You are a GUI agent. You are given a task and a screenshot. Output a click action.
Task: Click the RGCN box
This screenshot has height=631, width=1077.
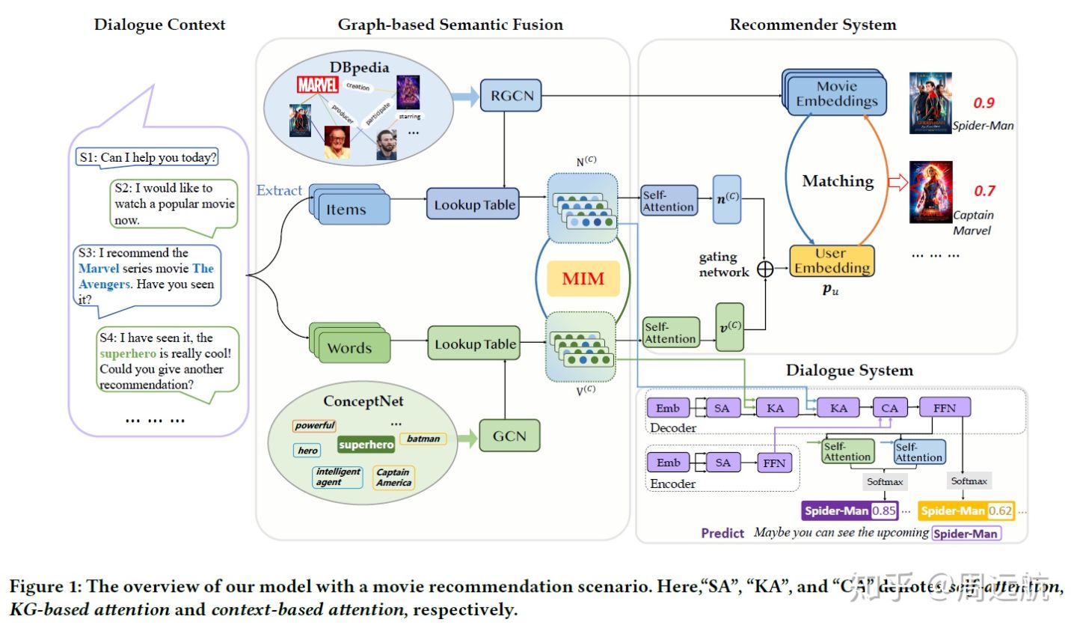pyautogui.click(x=511, y=96)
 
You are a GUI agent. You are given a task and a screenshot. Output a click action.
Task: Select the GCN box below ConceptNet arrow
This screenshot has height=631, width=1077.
pyautogui.click(x=509, y=436)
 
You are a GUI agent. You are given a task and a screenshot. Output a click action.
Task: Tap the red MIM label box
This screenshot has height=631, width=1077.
pyautogui.click(x=583, y=279)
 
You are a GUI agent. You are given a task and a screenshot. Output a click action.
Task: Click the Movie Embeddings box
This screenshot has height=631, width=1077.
pyautogui.click(x=836, y=94)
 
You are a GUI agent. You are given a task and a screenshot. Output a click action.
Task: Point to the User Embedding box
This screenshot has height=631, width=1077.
pyautogui.click(x=832, y=260)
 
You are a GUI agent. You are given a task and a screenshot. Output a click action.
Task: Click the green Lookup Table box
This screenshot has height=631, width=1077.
pyautogui.click(x=475, y=344)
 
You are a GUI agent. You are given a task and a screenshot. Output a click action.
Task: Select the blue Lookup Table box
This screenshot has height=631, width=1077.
pyautogui.click(x=474, y=204)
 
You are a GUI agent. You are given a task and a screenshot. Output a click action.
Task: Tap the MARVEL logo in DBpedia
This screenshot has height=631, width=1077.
pyautogui.click(x=317, y=85)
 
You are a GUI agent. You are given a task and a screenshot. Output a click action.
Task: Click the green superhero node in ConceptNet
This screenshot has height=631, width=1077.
pyautogui.click(x=366, y=445)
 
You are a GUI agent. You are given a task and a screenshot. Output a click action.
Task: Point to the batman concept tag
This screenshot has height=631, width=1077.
pyautogui.click(x=423, y=439)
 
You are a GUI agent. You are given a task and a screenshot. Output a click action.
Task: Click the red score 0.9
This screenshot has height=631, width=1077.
pyautogui.click(x=984, y=103)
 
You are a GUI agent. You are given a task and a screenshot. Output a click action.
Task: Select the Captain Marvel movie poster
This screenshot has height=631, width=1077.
pyautogui.click(x=930, y=192)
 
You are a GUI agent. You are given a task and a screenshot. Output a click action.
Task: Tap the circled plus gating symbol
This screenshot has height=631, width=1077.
pyautogui.click(x=765, y=269)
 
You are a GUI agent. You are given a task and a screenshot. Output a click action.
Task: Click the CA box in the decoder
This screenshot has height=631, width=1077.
pyautogui.click(x=889, y=408)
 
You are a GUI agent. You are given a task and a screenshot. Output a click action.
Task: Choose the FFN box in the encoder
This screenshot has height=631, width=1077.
pyautogui.click(x=774, y=463)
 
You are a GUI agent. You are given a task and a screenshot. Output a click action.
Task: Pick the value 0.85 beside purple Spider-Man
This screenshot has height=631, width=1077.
pyautogui.click(x=884, y=510)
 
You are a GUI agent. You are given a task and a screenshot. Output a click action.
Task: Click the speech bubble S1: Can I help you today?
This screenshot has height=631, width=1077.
pyautogui.click(x=148, y=157)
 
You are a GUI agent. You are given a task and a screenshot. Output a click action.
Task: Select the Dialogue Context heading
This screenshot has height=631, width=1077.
pyautogui.click(x=159, y=25)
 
